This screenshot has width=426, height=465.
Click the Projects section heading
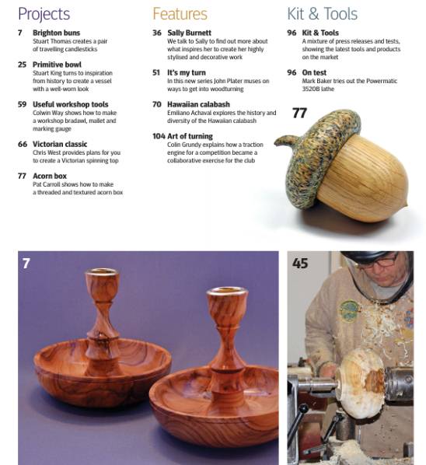pyautogui.click(x=44, y=14)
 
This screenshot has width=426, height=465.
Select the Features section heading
pyautogui.click(x=180, y=14)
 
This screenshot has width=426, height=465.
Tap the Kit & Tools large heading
pyautogui.click(x=322, y=14)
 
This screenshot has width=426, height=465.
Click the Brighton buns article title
pyautogui.click(x=56, y=33)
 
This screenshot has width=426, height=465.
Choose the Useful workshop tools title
pyautogui.click(x=71, y=104)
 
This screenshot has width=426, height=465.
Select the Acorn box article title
pyautogui.click(x=50, y=176)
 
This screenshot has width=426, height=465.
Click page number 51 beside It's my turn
pyautogui.click(x=156, y=72)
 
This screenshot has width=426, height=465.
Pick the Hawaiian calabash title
pyautogui.click(x=198, y=104)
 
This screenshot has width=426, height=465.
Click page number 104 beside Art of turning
pyautogui.click(x=159, y=136)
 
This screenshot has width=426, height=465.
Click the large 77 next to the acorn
pyautogui.click(x=299, y=114)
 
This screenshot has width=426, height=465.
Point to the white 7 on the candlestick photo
pyautogui.click(x=26, y=264)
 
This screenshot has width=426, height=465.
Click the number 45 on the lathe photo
pyautogui.click(x=300, y=264)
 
